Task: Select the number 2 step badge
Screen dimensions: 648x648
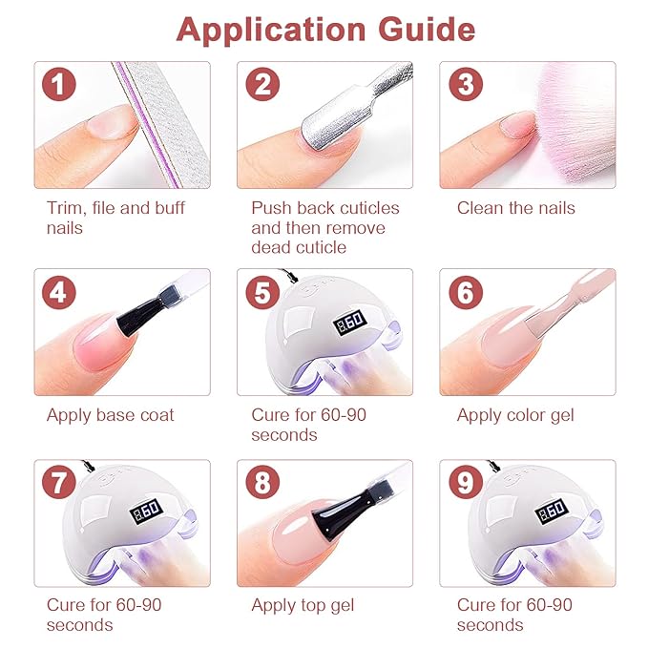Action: (262, 85)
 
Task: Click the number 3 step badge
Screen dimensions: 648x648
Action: (465, 85)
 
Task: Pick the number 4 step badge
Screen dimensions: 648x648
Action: (58, 292)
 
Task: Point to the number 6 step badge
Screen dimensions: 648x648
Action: (465, 292)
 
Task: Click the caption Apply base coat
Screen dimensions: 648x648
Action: (110, 415)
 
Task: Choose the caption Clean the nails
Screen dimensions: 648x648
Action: (515, 208)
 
